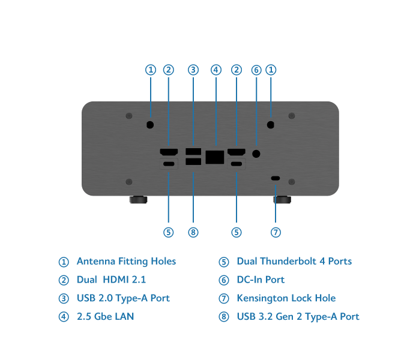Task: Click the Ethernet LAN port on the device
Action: click(x=215, y=157)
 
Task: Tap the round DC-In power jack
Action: click(x=256, y=154)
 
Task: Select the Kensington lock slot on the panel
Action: click(x=276, y=178)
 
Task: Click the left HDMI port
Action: click(x=169, y=152)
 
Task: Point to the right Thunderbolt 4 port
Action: click(x=237, y=164)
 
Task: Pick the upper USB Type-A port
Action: click(x=193, y=152)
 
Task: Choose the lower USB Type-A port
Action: click(x=193, y=161)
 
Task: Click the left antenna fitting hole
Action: click(x=150, y=125)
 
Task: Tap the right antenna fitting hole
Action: click(x=271, y=125)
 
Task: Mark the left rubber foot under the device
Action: click(x=138, y=200)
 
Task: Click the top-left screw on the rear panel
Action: click(x=129, y=116)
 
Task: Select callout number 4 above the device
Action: click(x=216, y=70)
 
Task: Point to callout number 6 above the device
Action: click(x=256, y=70)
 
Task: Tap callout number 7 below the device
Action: click(x=276, y=232)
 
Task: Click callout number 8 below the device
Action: click(x=193, y=232)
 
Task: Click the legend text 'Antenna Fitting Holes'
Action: click(x=126, y=262)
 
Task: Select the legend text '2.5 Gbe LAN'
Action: click(x=106, y=316)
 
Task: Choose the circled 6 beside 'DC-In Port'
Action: click(x=224, y=280)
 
